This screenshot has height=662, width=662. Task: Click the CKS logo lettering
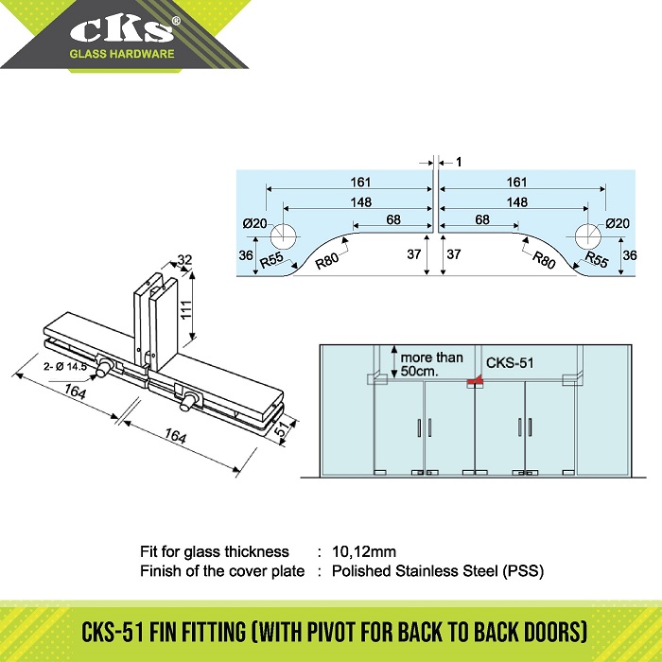[122, 30]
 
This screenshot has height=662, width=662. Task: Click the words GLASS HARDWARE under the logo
[122, 54]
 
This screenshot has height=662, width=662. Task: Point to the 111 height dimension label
[186, 309]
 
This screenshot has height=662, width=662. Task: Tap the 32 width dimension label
[184, 260]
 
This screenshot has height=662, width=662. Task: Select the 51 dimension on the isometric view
[282, 428]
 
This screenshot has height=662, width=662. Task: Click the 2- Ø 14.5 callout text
[65, 367]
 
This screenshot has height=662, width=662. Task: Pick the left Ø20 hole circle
[284, 236]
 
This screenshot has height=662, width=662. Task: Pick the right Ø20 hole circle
[587, 236]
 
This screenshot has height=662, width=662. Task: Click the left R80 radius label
[327, 261]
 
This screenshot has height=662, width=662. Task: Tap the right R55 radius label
[597, 259]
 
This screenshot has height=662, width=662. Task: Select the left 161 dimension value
[360, 182]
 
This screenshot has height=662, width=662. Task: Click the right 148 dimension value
[517, 202]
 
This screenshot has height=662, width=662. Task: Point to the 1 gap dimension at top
[459, 162]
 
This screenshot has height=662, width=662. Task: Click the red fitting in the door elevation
[475, 382]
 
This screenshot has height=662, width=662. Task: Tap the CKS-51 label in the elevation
[510, 362]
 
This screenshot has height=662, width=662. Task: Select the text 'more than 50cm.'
[431, 364]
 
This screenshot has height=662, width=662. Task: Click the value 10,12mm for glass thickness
[364, 551]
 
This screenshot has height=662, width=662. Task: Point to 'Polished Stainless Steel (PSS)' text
[438, 571]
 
